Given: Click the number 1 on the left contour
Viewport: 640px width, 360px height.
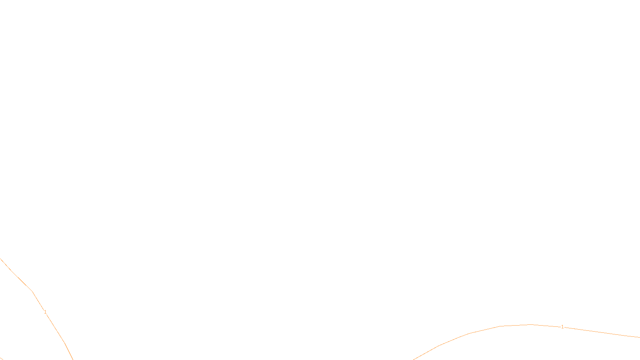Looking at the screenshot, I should [x=45, y=312].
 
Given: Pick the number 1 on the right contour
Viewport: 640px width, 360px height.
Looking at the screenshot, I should [x=562, y=327].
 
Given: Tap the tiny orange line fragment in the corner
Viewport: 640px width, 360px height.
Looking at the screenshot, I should [x=1, y=358].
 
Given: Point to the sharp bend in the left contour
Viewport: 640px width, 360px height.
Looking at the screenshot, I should [x=32, y=291].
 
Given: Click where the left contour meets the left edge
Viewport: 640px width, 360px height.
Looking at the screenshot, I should [x=0, y=258].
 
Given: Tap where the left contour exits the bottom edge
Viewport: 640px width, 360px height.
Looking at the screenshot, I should [x=73, y=359].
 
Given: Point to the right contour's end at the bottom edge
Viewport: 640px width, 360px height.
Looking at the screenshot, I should [x=414, y=359].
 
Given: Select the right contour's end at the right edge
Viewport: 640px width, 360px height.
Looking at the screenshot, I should [x=639, y=337].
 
